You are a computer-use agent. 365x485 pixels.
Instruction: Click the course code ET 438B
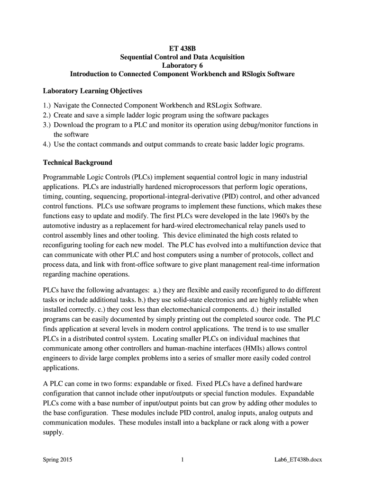tap(182, 48)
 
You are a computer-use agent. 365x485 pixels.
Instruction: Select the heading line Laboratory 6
tap(182, 65)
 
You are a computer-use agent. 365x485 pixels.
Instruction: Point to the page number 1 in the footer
tap(182, 459)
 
